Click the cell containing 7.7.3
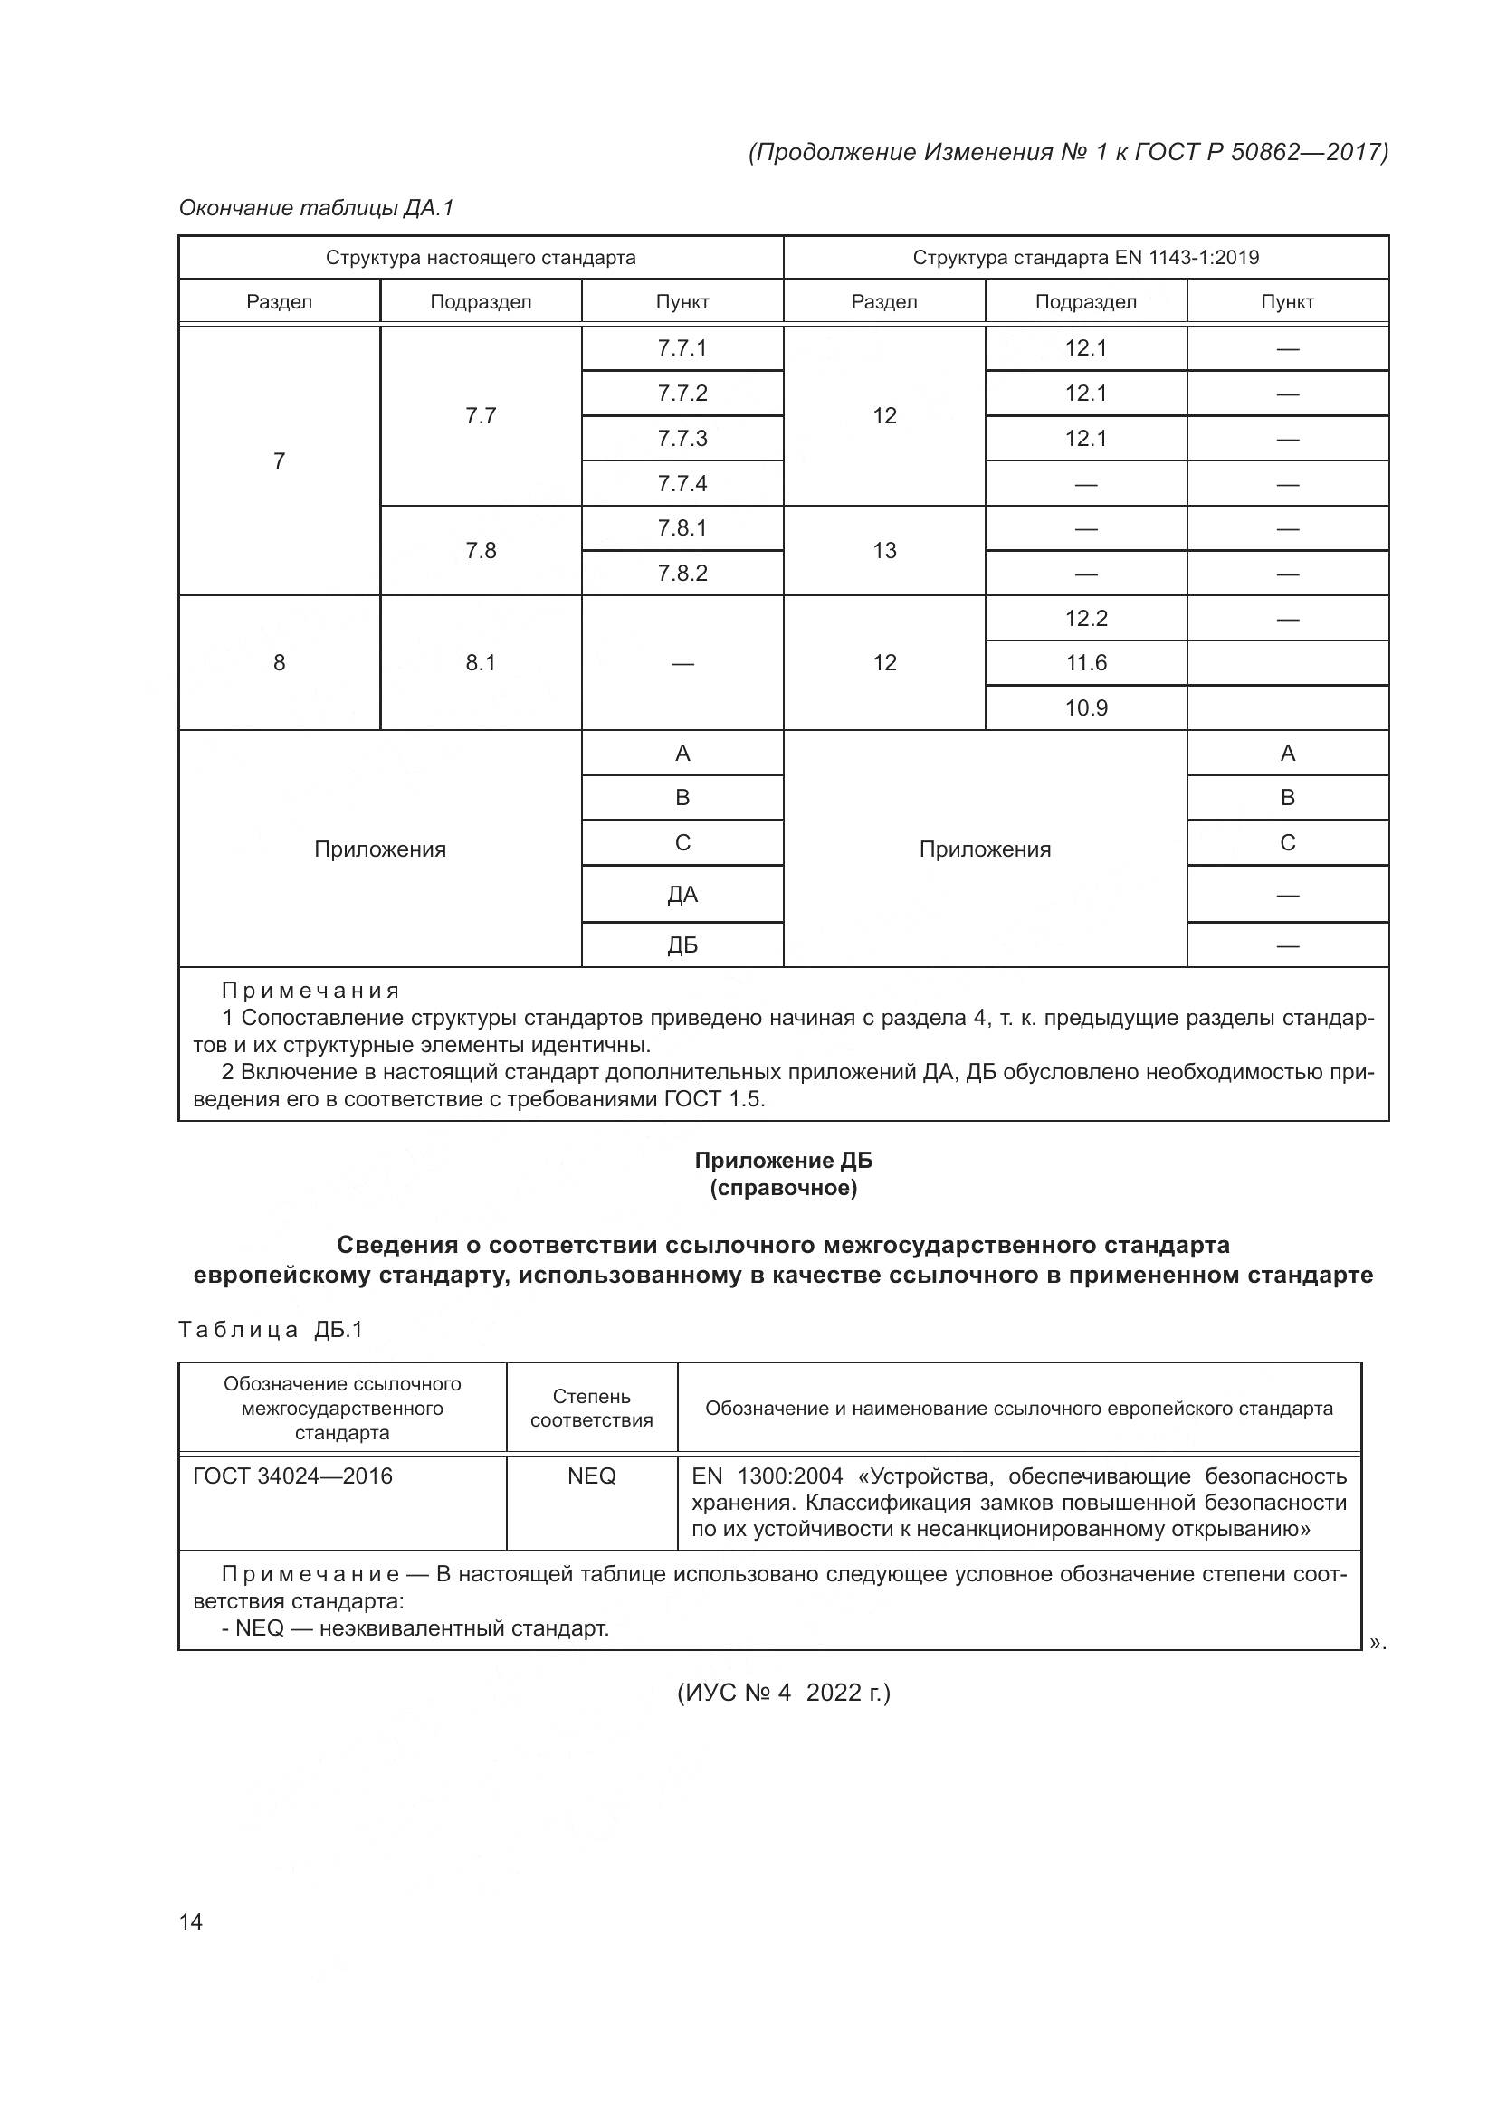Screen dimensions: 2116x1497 point(682,438)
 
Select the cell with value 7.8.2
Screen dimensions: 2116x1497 point(682,574)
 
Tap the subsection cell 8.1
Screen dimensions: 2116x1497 point(481,662)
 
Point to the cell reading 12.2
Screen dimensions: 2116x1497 point(1086,619)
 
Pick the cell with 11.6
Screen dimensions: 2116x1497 point(1086,662)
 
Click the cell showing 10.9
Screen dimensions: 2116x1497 point(1086,707)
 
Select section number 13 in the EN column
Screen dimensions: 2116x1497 point(884,550)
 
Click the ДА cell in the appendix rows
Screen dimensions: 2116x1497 point(682,894)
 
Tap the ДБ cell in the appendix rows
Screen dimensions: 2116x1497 point(682,945)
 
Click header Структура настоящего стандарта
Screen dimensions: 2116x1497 point(481,257)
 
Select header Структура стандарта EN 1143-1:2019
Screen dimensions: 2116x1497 point(1086,257)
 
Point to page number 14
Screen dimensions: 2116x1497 point(191,1921)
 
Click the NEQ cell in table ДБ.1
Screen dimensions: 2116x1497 point(591,1476)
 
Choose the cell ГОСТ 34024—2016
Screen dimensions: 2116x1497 point(292,1476)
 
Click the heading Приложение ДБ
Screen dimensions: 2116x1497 point(783,1161)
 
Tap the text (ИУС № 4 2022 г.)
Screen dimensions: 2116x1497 point(784,1693)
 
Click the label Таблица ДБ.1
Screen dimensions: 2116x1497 point(271,1329)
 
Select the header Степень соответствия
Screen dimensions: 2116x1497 point(591,1409)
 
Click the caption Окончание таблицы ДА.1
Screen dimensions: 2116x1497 point(316,208)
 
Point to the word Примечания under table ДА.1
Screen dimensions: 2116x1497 point(310,991)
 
